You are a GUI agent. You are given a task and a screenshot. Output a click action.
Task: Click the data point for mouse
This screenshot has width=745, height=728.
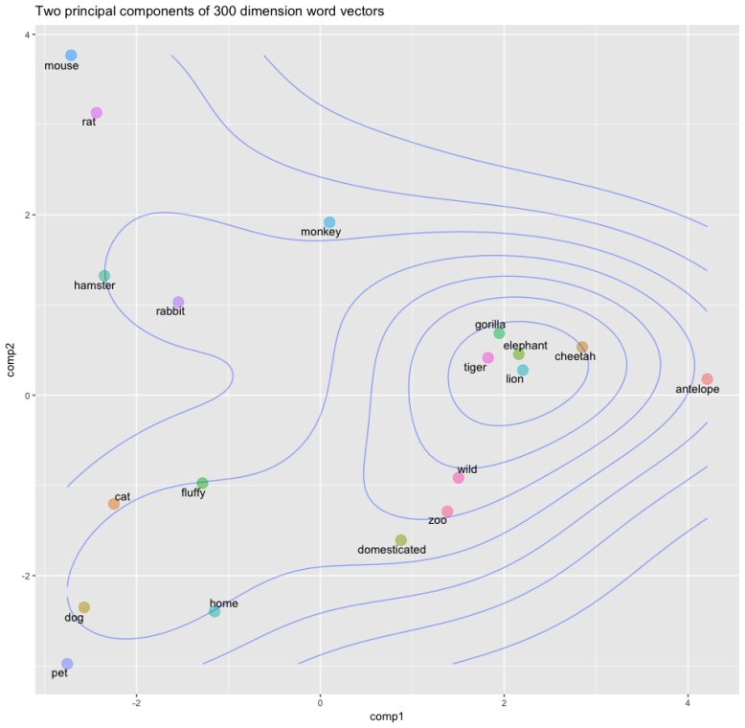pyautogui.click(x=71, y=56)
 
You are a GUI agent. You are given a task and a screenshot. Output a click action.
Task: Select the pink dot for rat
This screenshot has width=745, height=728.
pyautogui.click(x=96, y=113)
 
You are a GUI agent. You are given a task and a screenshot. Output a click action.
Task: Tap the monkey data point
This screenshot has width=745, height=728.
pyautogui.click(x=329, y=222)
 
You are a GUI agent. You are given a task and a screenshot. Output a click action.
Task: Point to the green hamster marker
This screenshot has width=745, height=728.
pyautogui.click(x=104, y=276)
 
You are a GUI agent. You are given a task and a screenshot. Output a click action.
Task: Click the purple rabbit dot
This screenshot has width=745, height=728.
pyautogui.click(x=178, y=303)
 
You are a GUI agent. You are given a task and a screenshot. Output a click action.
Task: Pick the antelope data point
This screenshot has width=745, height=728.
pyautogui.click(x=707, y=379)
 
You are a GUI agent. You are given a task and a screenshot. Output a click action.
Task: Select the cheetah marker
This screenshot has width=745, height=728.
pyautogui.click(x=582, y=347)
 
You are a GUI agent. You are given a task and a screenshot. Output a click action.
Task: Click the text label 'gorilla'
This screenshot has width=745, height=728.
pyautogui.click(x=490, y=325)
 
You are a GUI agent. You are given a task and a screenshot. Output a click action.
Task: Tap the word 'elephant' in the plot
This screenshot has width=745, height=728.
pyautogui.click(x=525, y=345)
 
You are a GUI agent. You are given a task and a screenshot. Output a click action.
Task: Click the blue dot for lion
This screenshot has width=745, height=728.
pyautogui.click(x=523, y=370)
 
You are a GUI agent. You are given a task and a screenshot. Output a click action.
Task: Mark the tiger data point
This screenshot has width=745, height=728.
pyautogui.click(x=487, y=357)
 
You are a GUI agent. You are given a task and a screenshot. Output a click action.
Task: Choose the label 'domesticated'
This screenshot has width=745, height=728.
pyautogui.click(x=391, y=550)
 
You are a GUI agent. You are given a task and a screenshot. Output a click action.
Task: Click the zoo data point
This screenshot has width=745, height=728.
pyautogui.click(x=447, y=512)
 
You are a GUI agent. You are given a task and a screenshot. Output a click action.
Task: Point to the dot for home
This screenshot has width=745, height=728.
pyautogui.click(x=214, y=612)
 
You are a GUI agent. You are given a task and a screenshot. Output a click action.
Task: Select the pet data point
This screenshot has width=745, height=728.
pyautogui.click(x=67, y=664)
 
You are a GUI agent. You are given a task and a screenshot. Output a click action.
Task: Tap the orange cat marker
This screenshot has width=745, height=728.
pyautogui.click(x=114, y=504)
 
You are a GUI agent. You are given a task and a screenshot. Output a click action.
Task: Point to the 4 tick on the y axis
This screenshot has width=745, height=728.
pyautogui.click(x=27, y=34)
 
